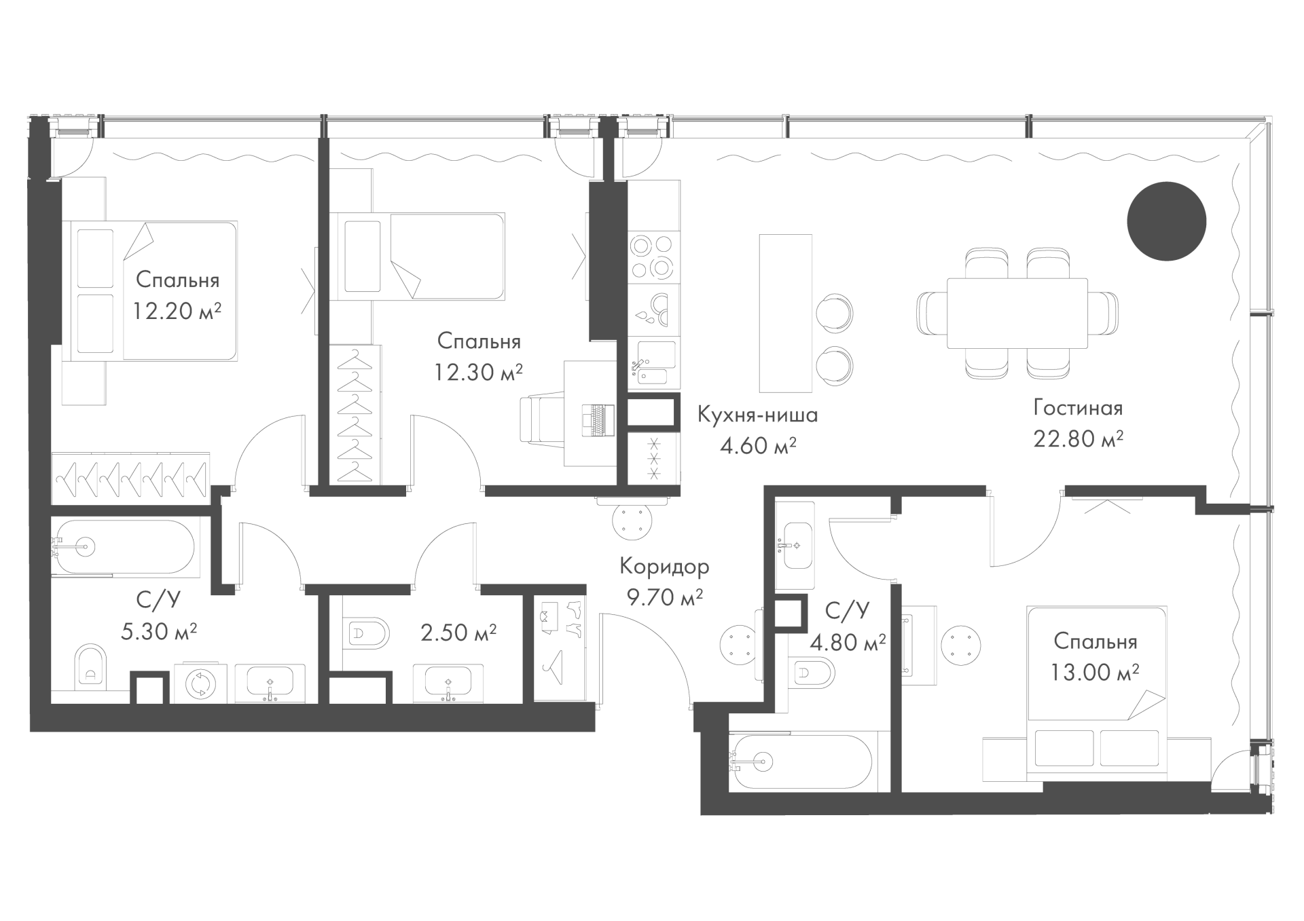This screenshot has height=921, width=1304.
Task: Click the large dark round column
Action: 1166,221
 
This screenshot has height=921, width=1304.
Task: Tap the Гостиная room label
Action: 1078,408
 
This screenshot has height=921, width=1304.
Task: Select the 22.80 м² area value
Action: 1078,438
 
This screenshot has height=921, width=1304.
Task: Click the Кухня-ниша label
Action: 757,415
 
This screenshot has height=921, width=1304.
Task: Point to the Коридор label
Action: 664,566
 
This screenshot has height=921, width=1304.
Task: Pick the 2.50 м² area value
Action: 458,633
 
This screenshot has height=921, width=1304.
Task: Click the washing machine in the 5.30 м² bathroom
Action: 201,683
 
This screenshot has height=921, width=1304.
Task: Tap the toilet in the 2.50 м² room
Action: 367,634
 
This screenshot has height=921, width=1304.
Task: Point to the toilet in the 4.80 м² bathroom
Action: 812,673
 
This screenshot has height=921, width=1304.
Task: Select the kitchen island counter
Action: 785,313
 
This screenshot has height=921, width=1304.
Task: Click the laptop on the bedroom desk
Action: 598,419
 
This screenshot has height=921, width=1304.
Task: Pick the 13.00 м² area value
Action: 1095,672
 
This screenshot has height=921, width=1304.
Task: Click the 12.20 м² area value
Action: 177,311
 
